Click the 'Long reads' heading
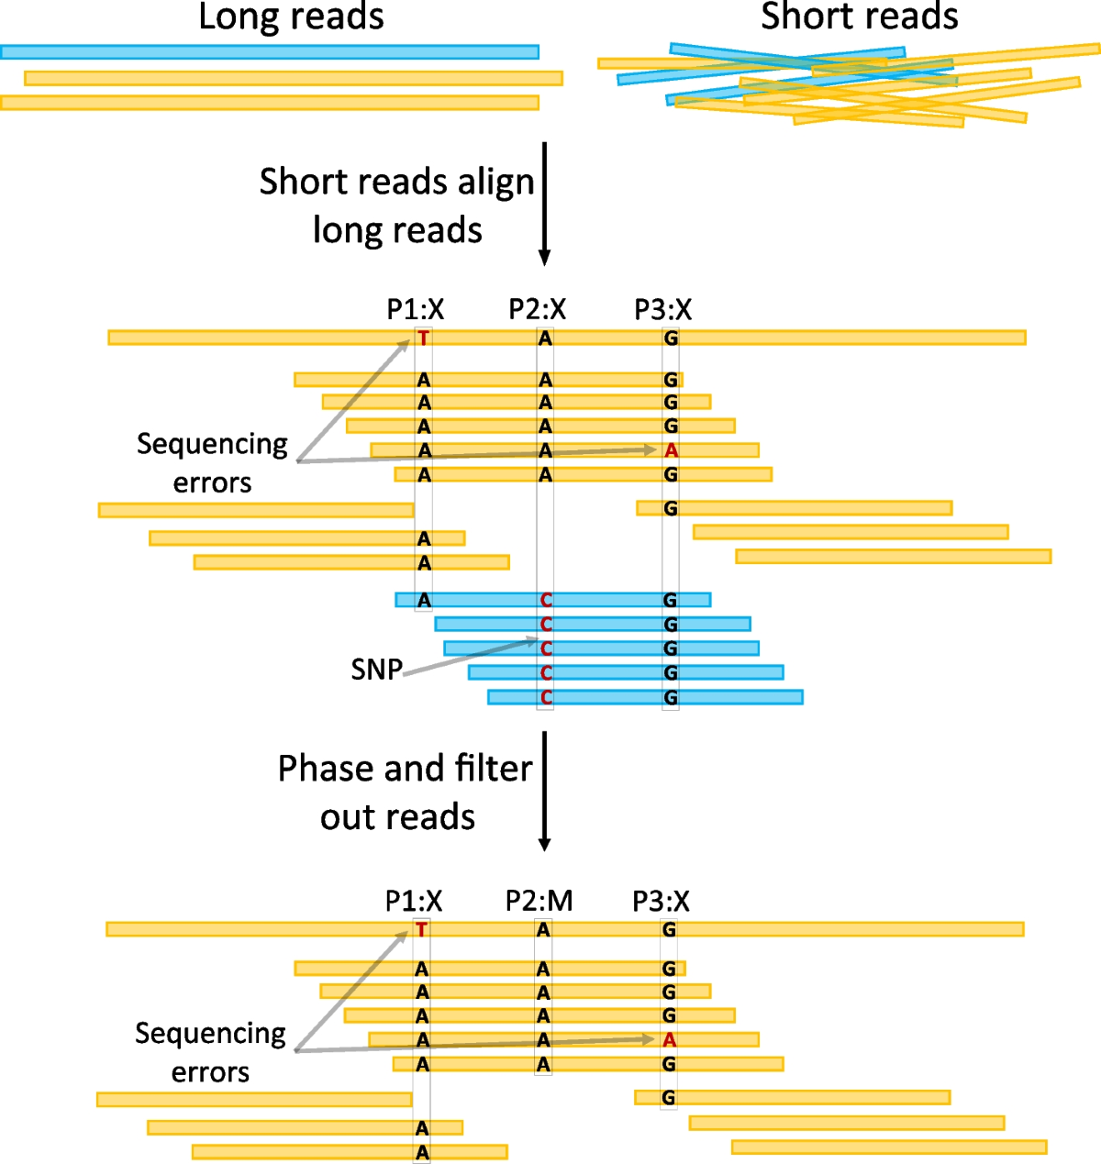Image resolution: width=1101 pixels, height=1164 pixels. [x=291, y=17]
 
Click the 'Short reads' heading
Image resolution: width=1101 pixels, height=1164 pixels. [x=860, y=17]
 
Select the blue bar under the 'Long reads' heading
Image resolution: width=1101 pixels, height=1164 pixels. [x=270, y=52]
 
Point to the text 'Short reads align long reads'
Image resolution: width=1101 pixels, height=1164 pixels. [x=396, y=205]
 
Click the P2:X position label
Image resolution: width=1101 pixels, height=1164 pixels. [x=538, y=309]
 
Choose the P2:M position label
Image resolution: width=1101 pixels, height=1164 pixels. [x=539, y=901]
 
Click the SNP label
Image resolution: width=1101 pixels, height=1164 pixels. [x=376, y=670]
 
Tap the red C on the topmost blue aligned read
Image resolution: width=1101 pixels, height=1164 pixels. [x=546, y=600]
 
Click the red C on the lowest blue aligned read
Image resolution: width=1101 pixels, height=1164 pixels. [x=546, y=697]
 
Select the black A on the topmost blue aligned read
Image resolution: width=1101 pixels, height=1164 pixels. [x=424, y=600]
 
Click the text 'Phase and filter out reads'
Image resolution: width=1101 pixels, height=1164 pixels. [x=404, y=793]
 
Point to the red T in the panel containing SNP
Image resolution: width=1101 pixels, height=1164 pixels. [x=423, y=338]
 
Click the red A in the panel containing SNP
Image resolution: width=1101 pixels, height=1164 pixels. [x=671, y=450]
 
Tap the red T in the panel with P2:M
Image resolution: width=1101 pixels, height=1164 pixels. [x=421, y=929]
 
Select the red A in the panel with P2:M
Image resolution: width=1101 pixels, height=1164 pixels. [x=669, y=1040]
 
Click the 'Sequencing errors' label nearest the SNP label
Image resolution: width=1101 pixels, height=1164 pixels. [x=212, y=463]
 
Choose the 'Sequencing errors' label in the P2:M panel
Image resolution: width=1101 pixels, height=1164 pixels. [x=210, y=1053]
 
